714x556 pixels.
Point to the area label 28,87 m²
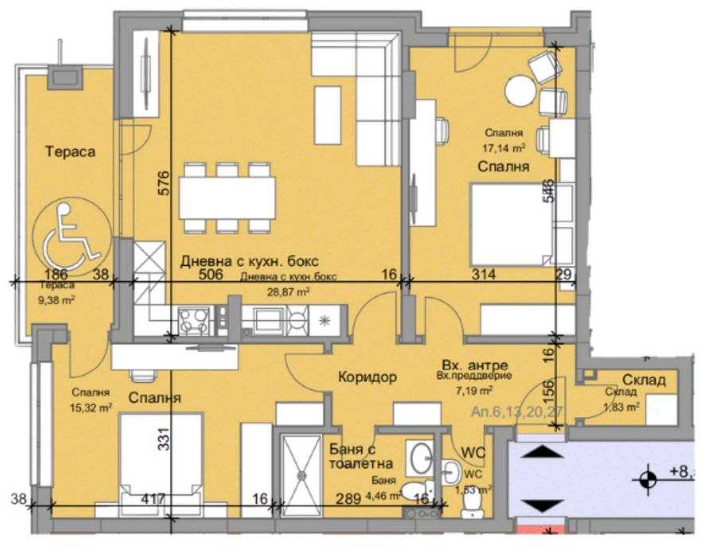coord(287,292)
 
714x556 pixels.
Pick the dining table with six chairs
coord(227,199)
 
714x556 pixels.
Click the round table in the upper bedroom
coord(521,88)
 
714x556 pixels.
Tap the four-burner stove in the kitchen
coord(194,320)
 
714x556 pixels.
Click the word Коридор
coord(366,377)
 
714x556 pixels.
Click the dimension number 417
coord(152,500)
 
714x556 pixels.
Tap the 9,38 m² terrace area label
coord(58,299)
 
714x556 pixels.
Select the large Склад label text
coord(643,380)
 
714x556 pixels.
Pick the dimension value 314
coord(483,275)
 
